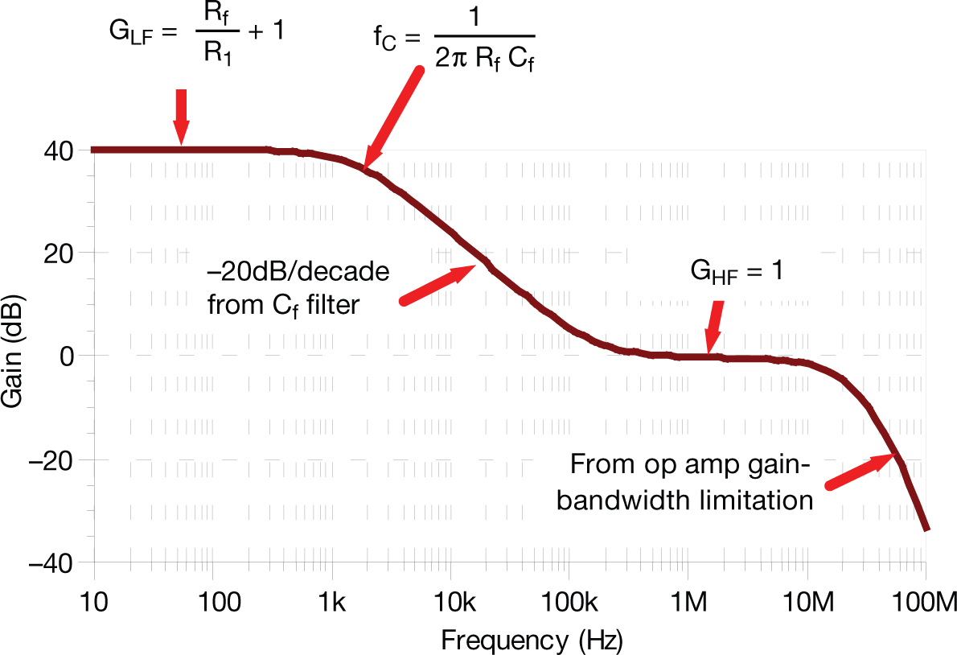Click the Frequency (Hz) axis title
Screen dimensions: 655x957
point(532,641)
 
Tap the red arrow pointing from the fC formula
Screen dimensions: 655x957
point(392,118)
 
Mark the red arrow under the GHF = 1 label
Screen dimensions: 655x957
point(713,328)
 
